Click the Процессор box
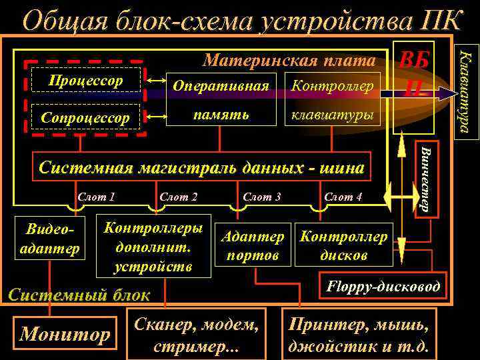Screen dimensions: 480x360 click(87, 81)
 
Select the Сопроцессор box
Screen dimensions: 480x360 click(87, 117)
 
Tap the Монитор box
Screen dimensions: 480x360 click(66, 333)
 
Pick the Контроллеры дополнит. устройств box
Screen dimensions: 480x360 click(153, 245)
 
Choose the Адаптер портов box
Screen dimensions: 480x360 click(253, 246)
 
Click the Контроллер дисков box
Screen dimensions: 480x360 click(343, 246)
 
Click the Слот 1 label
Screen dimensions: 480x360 click(97, 197)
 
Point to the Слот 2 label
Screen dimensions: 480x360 click(178, 197)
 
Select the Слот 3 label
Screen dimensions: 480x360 click(261, 197)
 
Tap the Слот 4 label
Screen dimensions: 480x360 click(343, 197)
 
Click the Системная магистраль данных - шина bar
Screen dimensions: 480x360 click(201, 167)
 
